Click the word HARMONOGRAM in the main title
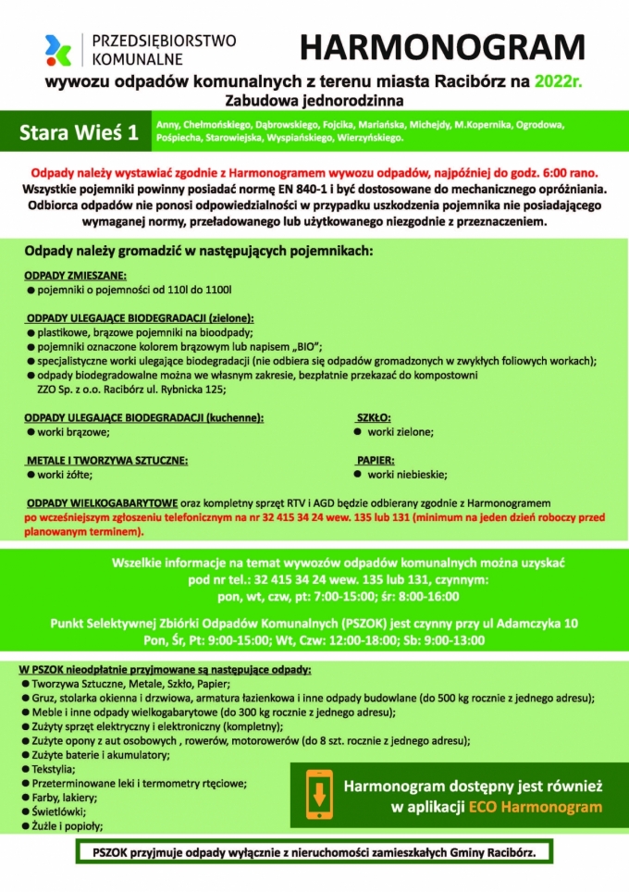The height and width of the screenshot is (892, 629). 442,49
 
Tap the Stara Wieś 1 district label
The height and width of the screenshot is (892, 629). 79,132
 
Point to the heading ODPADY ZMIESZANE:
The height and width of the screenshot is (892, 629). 76,276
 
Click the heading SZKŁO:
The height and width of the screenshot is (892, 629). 374,417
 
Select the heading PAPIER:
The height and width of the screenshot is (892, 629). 376,460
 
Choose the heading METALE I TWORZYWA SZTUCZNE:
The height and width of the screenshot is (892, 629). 106,460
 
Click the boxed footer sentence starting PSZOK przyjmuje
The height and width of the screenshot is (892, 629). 314,850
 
